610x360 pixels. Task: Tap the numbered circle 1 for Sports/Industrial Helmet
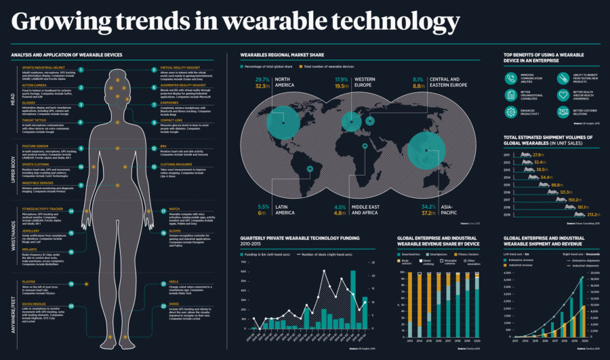(x=80, y=69)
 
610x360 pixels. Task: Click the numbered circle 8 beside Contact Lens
(x=154, y=122)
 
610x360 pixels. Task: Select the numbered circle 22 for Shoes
(x=154, y=306)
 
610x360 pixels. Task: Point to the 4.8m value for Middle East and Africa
(x=340, y=212)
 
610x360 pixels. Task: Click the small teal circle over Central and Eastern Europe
(x=370, y=121)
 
